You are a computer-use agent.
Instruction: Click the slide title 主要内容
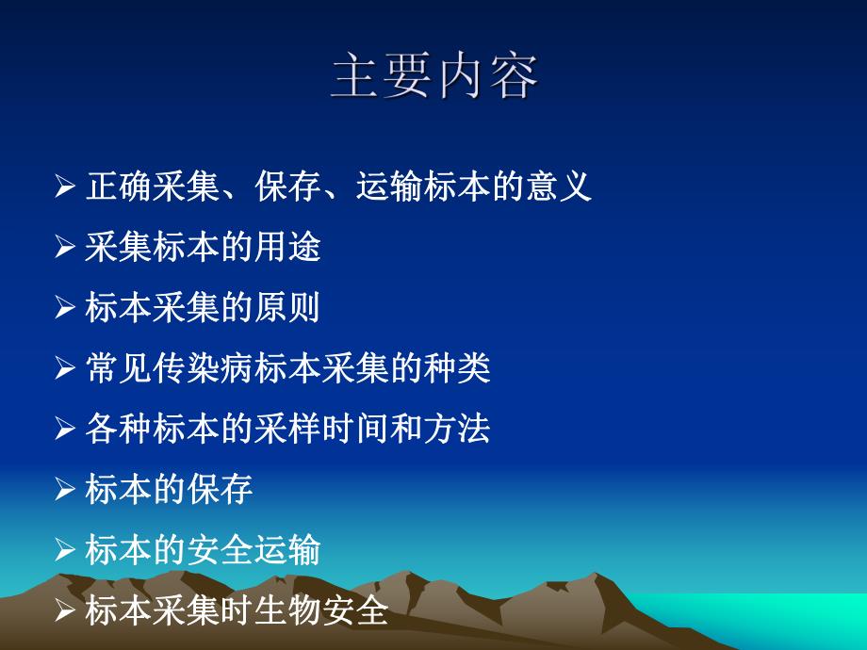tap(434, 78)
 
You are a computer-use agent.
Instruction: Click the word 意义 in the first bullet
tap(558, 187)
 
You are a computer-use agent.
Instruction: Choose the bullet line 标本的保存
tap(169, 490)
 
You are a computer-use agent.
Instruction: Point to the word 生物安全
tap(322, 611)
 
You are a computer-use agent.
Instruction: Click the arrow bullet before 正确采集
tap(64, 187)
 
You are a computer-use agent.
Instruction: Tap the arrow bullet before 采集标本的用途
tap(64, 248)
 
